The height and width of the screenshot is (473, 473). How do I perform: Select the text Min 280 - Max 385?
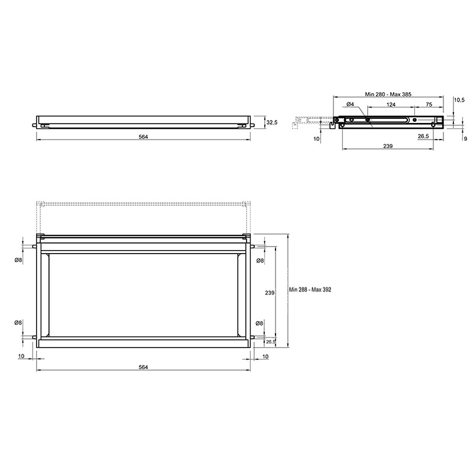tap(388, 95)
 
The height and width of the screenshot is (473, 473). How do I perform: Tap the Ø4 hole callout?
tap(350, 105)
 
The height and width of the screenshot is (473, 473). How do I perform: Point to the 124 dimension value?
tap(391, 105)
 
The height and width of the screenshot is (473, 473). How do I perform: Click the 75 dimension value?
tap(429, 105)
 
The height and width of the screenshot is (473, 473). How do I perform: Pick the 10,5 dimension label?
tap(459, 100)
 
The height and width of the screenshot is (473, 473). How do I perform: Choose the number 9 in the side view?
tap(465, 139)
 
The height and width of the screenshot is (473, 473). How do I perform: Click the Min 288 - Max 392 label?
tap(310, 290)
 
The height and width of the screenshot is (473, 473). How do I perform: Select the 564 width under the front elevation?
tap(143, 137)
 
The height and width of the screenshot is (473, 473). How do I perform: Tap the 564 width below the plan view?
tap(143, 367)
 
